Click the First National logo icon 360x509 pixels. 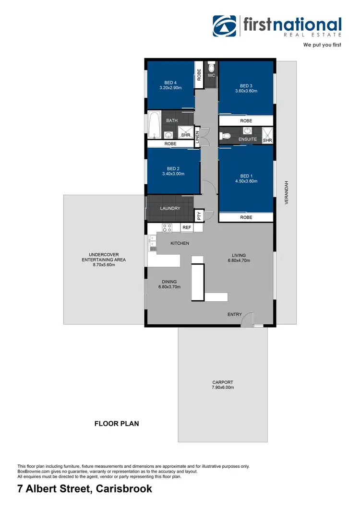pos(225,26)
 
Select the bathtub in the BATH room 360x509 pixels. pos(154,125)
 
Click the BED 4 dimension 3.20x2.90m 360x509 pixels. pos(170,88)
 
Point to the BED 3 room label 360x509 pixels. pos(246,86)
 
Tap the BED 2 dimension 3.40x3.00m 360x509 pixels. pos(173,174)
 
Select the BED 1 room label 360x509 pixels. pos(246,176)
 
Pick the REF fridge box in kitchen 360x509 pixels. pos(187,228)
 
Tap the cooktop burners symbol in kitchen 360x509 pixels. pos(167,228)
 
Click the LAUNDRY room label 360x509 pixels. pos(170,208)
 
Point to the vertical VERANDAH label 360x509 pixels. pos(287,193)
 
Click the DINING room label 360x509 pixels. pos(169,282)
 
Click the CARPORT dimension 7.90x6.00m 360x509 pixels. pos(222,388)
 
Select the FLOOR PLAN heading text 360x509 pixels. pos(116,424)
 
